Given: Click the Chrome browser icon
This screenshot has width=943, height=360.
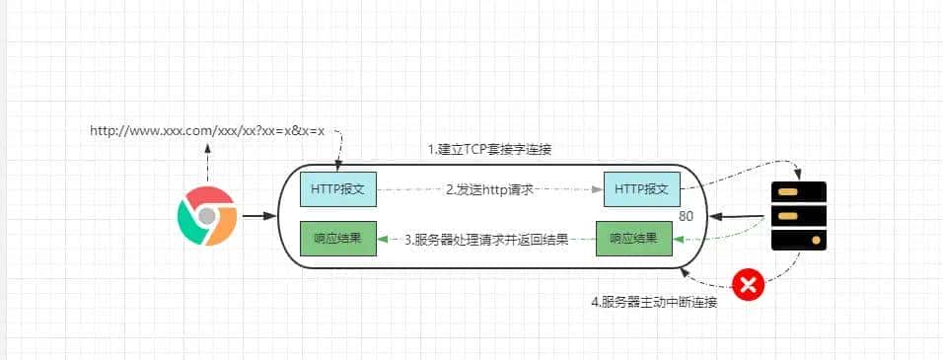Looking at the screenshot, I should pyautogui.click(x=206, y=215).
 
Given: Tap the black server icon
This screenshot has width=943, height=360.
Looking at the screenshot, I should pyautogui.click(x=798, y=216).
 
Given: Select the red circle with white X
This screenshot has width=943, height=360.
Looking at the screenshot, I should pyautogui.click(x=749, y=285).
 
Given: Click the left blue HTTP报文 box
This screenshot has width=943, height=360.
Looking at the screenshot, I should pyautogui.click(x=338, y=187).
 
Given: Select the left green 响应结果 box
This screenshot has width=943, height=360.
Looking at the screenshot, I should pyautogui.click(x=338, y=238).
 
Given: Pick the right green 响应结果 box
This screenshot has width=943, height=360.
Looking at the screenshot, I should pyautogui.click(x=633, y=238).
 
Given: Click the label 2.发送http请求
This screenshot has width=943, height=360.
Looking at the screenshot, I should pyautogui.click(x=490, y=188).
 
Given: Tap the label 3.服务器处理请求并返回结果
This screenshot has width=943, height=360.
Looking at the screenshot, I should pyautogui.click(x=487, y=239).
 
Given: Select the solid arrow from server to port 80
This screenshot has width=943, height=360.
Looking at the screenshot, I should pyautogui.click(x=735, y=215).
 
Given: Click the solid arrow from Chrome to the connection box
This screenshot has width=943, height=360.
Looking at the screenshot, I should pyautogui.click(x=258, y=214).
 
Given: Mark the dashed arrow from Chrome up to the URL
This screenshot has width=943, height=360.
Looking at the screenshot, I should pyautogui.click(x=207, y=163).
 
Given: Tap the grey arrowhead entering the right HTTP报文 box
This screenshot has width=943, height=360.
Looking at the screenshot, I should pyautogui.click(x=597, y=187).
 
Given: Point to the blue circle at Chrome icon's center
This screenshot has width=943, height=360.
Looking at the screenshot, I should pyautogui.click(x=206, y=215).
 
